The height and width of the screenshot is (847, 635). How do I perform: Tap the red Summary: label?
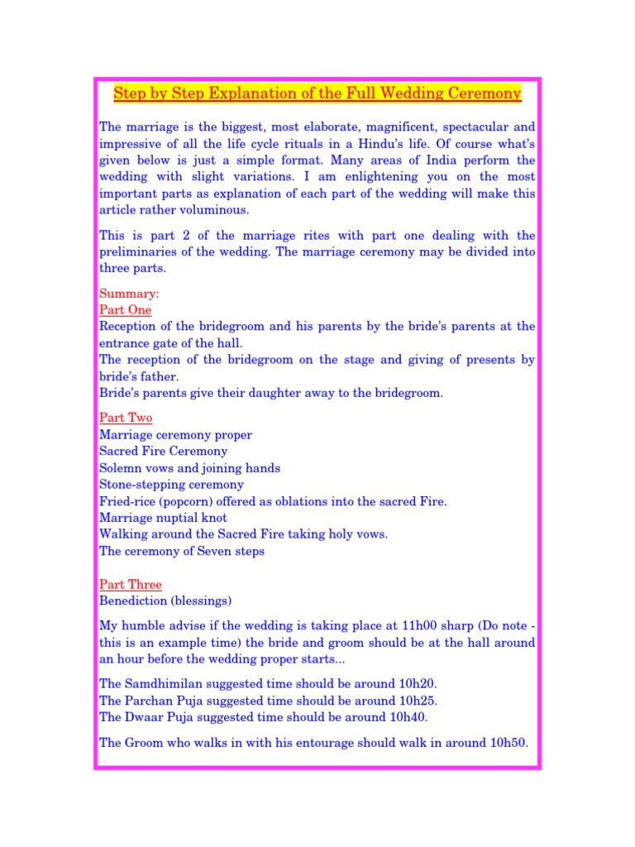(129, 294)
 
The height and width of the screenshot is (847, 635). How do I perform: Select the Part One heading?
(125, 310)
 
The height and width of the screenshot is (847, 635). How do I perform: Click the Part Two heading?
(126, 418)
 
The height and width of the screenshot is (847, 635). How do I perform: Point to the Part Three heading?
(131, 585)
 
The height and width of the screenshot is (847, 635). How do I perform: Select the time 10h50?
(507, 743)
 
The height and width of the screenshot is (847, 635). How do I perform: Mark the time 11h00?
(390, 626)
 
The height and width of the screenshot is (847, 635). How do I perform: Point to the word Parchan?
(150, 701)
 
